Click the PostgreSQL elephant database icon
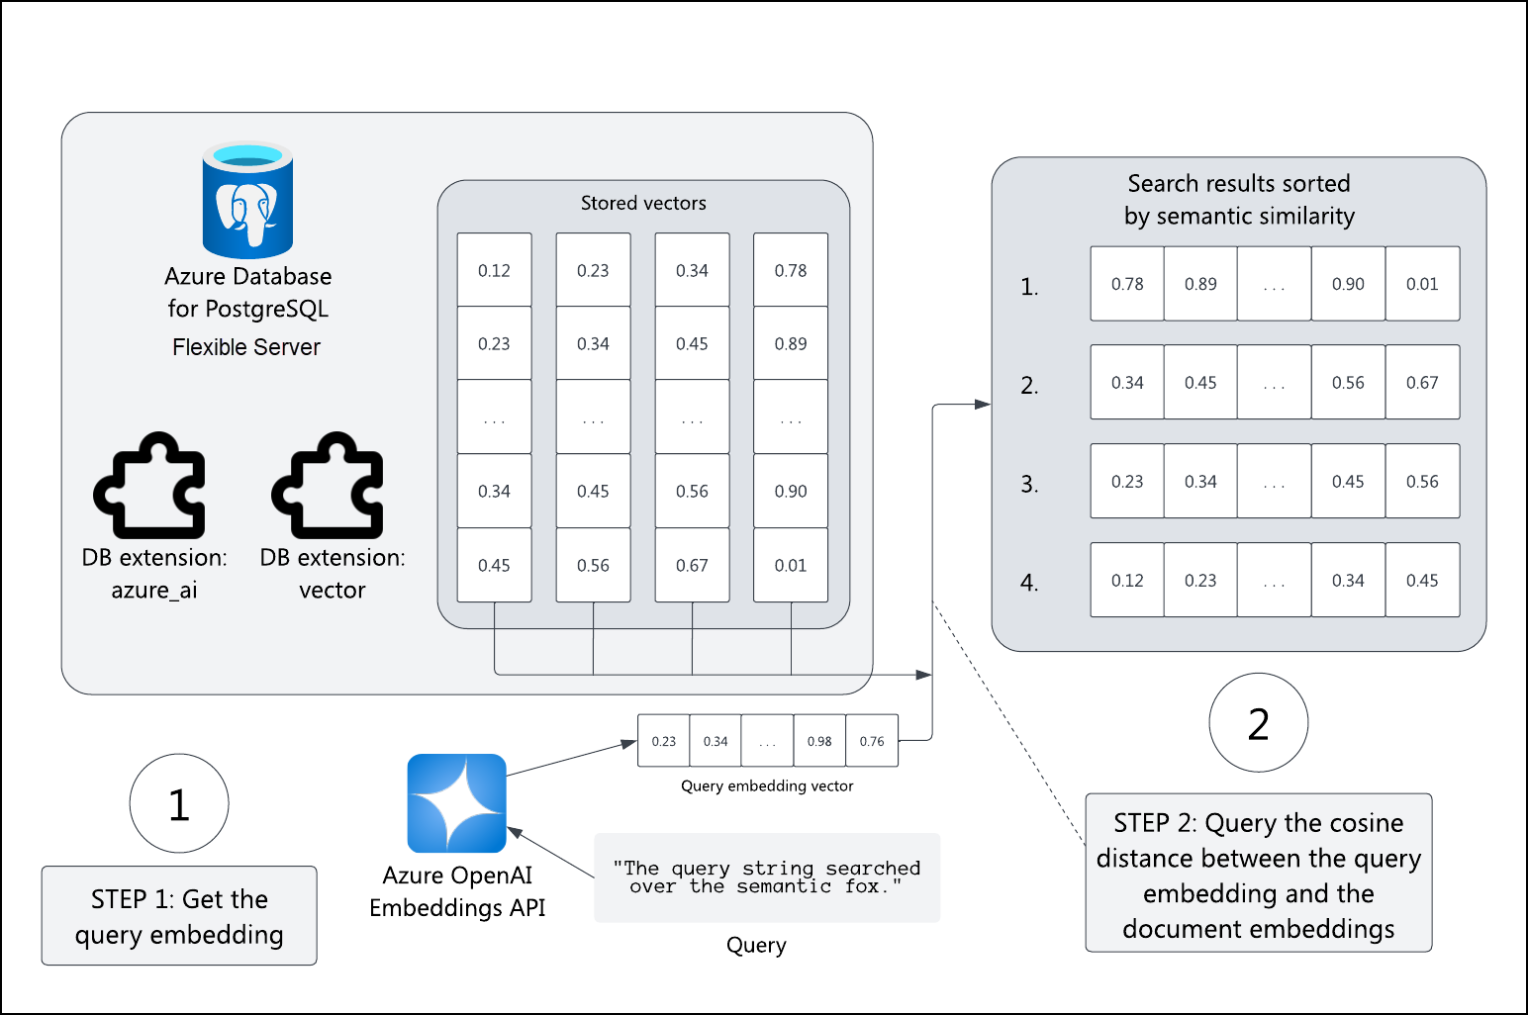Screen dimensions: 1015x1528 tap(247, 201)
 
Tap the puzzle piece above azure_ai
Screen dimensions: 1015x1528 tap(150, 486)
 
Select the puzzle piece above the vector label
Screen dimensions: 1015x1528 tap(329, 486)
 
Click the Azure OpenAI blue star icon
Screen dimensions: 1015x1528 tap(456, 803)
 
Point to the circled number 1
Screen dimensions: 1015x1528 tap(179, 804)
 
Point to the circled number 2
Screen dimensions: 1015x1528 tap(1258, 724)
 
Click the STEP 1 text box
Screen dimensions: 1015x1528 tap(179, 916)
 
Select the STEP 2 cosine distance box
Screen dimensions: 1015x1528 tap(1258, 874)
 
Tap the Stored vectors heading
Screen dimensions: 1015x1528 tap(643, 203)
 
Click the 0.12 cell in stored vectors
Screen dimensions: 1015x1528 tap(494, 270)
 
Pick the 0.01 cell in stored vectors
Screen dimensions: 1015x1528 tap(791, 565)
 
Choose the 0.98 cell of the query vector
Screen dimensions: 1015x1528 tap(819, 741)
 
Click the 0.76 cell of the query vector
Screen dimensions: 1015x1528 tap(872, 741)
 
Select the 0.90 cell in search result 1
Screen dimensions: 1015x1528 tap(1348, 284)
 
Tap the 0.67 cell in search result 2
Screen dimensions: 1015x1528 tap(1422, 383)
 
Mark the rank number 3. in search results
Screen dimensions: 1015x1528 tap(1029, 485)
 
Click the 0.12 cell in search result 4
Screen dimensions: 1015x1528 tap(1127, 581)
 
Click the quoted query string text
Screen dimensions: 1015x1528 tap(766, 877)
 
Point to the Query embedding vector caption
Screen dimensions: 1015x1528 tap(767, 785)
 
